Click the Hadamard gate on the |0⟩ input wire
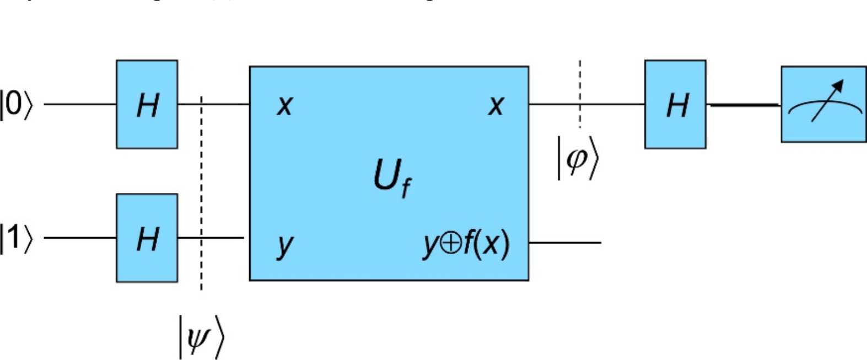point(147,104)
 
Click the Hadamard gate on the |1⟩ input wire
point(147,238)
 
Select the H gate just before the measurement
point(675,104)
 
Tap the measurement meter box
point(823,104)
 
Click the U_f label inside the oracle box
point(392,178)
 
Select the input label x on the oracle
point(284,105)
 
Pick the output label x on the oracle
point(496,105)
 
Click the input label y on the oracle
point(284,244)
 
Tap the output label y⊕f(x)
point(466,243)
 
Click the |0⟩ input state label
point(16,104)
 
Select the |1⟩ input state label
point(16,238)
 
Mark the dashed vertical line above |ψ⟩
point(201,193)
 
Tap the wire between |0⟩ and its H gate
point(80,104)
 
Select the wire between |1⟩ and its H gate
point(80,238)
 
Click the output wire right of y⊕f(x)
point(565,243)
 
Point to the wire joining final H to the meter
point(744,104)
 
